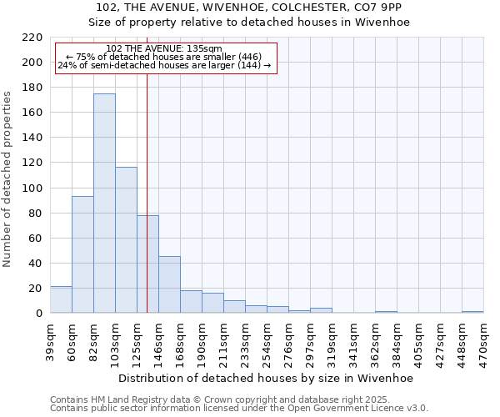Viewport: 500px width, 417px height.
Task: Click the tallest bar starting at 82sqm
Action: pyautogui.click(x=104, y=203)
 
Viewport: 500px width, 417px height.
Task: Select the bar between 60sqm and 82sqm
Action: pyautogui.click(x=82, y=254)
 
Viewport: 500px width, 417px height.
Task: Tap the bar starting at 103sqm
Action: pyautogui.click(x=126, y=240)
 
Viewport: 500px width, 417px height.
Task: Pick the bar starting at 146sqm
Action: pyautogui.click(x=169, y=284)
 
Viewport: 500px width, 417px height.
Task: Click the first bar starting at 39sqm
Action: pyautogui.click(x=61, y=299)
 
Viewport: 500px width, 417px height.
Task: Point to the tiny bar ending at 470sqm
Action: pyautogui.click(x=472, y=312)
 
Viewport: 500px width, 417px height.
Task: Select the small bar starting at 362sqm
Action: pyautogui.click(x=386, y=312)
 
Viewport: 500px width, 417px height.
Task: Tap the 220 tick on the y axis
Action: pyautogui.click(x=32, y=38)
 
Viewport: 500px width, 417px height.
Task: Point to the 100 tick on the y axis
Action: pyautogui.click(x=32, y=188)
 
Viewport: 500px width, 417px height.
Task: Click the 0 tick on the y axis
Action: pyautogui.click(x=38, y=314)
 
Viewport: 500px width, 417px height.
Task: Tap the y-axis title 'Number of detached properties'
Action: pyautogui.click(x=8, y=178)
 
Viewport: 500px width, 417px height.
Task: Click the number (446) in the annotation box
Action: pyautogui.click(x=248, y=57)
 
